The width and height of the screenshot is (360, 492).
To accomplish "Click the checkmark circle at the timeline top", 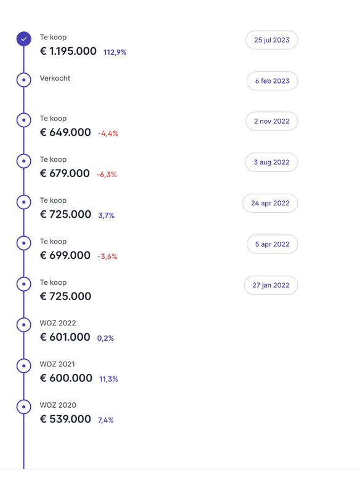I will [x=23, y=39].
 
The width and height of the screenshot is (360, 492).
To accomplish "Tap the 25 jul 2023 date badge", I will [x=271, y=40].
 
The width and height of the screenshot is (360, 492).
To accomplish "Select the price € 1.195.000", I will [x=68, y=52].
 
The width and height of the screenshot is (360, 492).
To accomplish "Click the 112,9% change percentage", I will [x=115, y=52].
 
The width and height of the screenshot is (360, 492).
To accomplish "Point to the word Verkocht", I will [x=55, y=78].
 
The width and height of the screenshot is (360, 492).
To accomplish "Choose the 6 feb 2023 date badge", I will [x=272, y=81].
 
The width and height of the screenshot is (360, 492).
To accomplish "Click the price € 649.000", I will [x=65, y=133].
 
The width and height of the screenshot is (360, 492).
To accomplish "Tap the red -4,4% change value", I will [x=108, y=133].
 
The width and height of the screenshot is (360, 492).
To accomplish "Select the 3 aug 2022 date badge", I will [x=271, y=162].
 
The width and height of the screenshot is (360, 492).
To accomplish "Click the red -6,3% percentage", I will [x=106, y=175].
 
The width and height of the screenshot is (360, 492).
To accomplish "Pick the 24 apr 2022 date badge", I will [x=270, y=203].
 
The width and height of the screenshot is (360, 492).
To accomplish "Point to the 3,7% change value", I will [x=106, y=215].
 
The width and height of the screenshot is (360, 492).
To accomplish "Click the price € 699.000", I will [x=65, y=255].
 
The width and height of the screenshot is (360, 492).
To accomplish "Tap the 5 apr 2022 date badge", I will [x=272, y=244].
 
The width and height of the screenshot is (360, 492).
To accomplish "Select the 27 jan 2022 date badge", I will [x=271, y=285].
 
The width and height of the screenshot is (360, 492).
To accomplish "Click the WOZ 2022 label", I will [x=58, y=323].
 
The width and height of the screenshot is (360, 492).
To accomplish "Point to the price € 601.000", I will [x=65, y=337].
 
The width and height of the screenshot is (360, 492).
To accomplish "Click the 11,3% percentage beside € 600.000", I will [x=108, y=379].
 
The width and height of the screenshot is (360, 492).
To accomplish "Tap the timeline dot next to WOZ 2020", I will [x=23, y=407].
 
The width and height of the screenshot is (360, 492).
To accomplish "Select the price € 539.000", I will [x=65, y=419].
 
